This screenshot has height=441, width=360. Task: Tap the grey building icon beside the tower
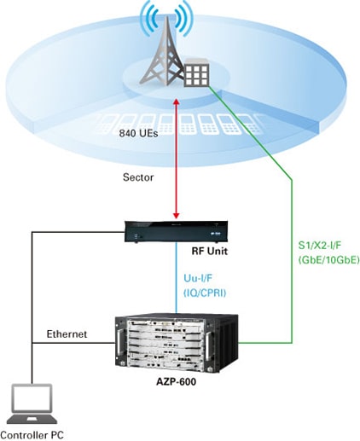(x=196, y=73)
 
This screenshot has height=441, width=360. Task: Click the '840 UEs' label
(x=138, y=133)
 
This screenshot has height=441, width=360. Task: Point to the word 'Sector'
(x=138, y=177)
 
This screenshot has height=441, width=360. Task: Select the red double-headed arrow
(x=177, y=159)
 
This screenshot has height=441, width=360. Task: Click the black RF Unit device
(x=177, y=231)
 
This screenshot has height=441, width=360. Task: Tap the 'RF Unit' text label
(x=210, y=251)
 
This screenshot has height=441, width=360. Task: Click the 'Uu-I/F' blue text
(x=198, y=278)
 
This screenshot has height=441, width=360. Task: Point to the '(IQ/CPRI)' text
(x=205, y=293)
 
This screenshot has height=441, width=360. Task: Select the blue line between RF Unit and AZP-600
(x=177, y=278)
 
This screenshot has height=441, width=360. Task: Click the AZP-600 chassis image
(x=177, y=343)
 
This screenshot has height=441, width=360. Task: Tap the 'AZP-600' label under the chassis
(x=177, y=381)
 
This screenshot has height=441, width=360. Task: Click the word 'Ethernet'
(x=67, y=334)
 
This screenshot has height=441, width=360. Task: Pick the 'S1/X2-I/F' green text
(x=319, y=246)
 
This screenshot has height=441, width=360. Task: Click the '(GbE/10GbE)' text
(x=328, y=260)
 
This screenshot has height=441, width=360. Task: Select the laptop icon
(x=32, y=404)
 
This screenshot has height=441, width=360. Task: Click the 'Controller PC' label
(x=32, y=435)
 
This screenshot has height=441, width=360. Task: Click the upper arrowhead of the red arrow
(x=177, y=102)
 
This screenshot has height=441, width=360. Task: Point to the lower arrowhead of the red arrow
(x=177, y=216)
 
